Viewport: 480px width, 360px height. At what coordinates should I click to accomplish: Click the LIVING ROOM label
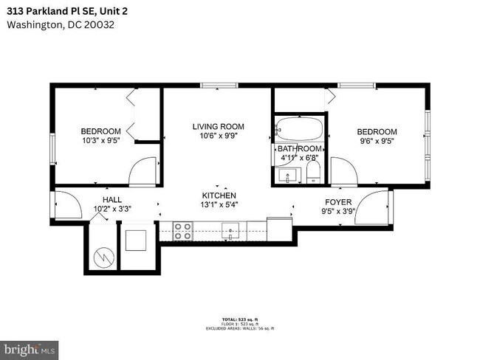pos(218,126)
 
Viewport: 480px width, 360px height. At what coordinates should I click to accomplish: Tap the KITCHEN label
pos(219,195)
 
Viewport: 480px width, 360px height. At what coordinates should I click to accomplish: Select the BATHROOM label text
pos(299,148)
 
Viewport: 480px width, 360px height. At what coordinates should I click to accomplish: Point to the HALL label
pos(112,200)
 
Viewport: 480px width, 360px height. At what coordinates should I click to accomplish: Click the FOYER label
pos(338,201)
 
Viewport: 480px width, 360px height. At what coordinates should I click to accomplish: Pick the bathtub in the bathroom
pos(299,130)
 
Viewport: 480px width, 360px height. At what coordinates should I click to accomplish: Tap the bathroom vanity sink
pos(287,176)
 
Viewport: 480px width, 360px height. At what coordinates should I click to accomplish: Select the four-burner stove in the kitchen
pos(182,232)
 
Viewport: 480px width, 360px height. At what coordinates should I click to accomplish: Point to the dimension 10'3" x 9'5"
pos(100,140)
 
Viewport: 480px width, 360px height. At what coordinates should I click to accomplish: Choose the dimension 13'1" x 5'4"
pos(219,204)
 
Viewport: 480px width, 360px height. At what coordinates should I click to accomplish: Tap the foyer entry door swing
pos(376,201)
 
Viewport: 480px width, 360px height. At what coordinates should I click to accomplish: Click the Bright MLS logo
pos(30,347)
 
